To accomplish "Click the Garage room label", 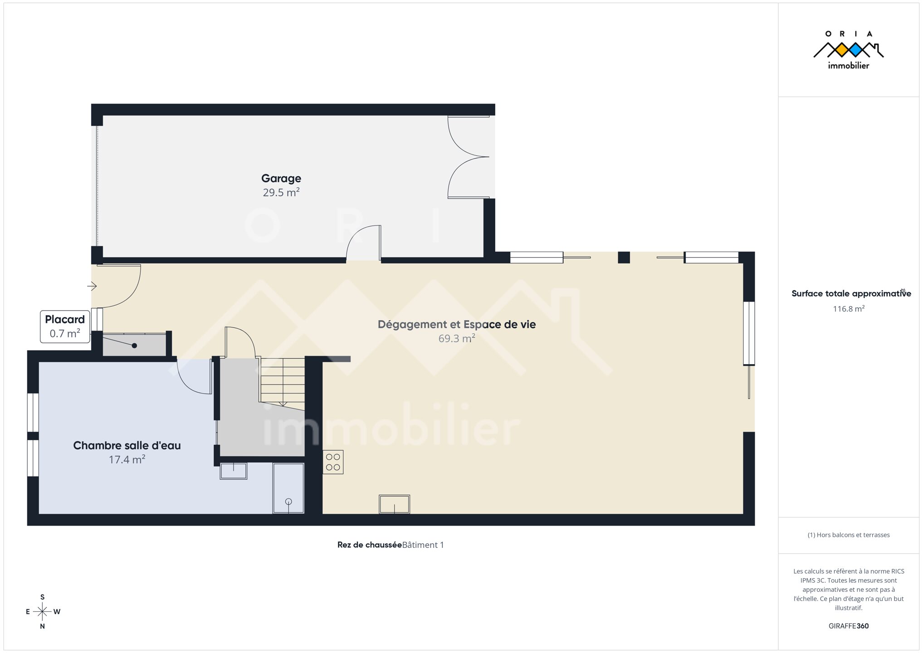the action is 281,178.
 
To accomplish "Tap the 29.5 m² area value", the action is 281,192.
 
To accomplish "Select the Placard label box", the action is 65,326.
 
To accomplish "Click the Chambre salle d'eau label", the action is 127,445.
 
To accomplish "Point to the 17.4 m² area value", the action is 127,459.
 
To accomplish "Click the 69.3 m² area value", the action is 457,338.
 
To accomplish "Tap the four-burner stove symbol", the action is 333,462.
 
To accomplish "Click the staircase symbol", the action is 282,381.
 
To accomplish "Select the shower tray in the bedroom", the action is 288,488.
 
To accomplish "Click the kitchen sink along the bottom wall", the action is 395,504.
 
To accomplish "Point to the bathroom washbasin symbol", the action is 234,471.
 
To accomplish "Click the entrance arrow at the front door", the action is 92,286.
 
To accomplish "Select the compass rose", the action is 43,612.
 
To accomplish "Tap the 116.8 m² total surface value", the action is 849,309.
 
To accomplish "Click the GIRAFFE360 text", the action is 849,626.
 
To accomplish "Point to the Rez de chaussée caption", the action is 370,545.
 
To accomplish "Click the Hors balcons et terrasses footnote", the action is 849,535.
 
